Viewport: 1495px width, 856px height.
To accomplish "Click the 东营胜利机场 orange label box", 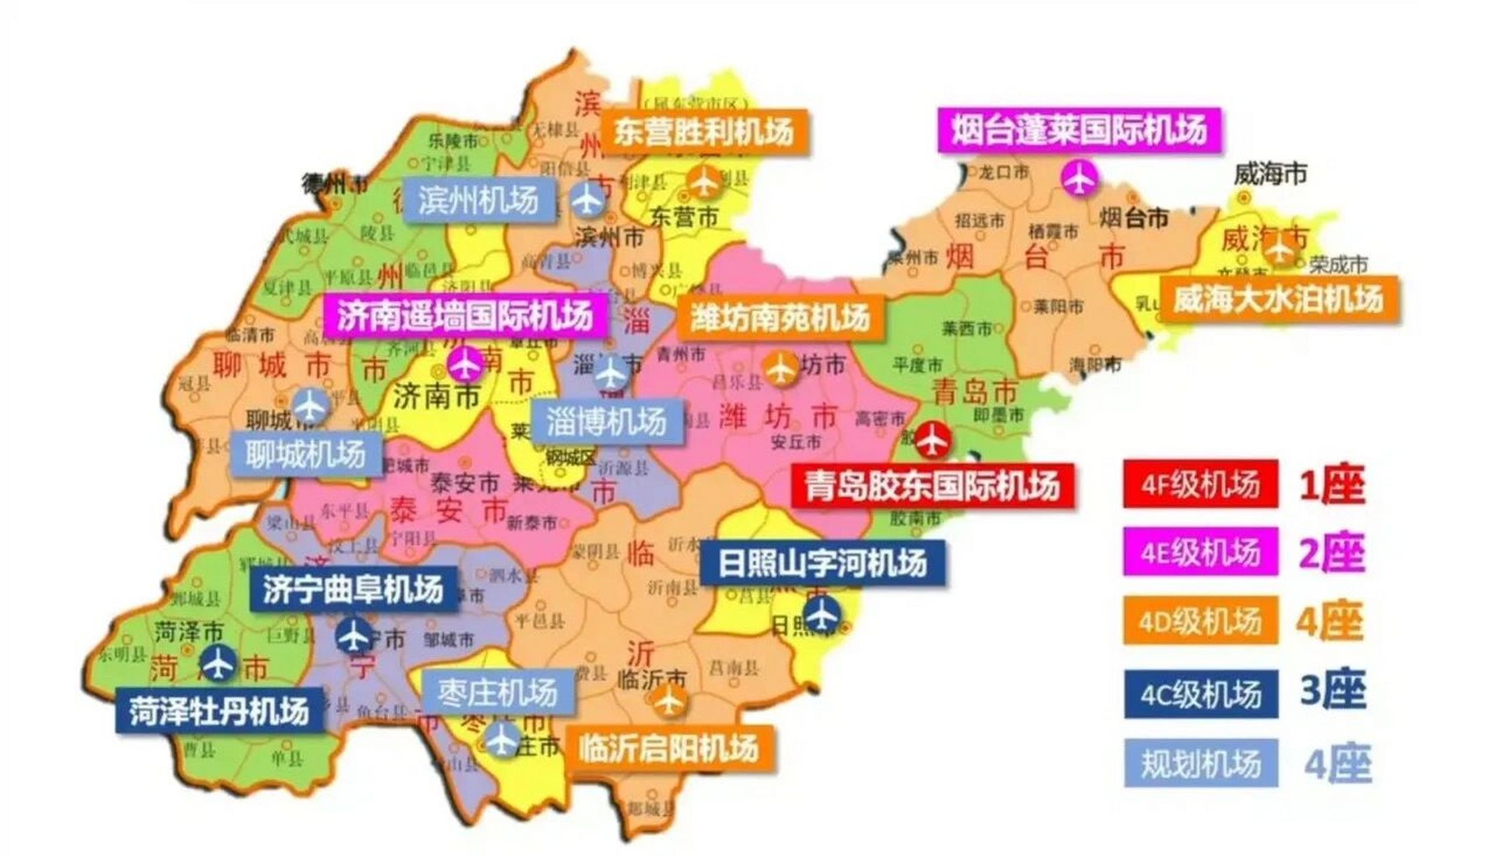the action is click(704, 132).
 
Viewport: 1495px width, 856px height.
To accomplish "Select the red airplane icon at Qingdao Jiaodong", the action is click(932, 439).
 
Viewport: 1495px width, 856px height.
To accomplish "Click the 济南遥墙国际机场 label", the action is click(465, 315).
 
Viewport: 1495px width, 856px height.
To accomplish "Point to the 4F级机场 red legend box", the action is click(1200, 484).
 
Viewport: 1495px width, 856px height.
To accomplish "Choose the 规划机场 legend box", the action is click(1200, 763).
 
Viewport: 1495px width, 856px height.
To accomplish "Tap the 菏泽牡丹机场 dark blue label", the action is click(219, 711).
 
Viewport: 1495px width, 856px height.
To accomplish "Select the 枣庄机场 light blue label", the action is click(498, 692).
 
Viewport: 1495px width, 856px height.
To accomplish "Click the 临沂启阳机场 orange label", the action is click(669, 748).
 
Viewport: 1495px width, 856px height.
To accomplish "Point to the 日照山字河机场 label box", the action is click(822, 563).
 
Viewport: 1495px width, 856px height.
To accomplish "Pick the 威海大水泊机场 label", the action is click(1278, 299).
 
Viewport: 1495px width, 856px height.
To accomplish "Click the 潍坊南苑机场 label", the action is click(780, 318).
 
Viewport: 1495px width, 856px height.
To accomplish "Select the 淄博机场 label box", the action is click(607, 422).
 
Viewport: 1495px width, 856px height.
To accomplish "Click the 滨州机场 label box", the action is click(479, 200).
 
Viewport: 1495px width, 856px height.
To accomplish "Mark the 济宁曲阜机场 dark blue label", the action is click(353, 589).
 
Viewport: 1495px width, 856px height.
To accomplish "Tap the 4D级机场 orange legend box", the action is click(1200, 621).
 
